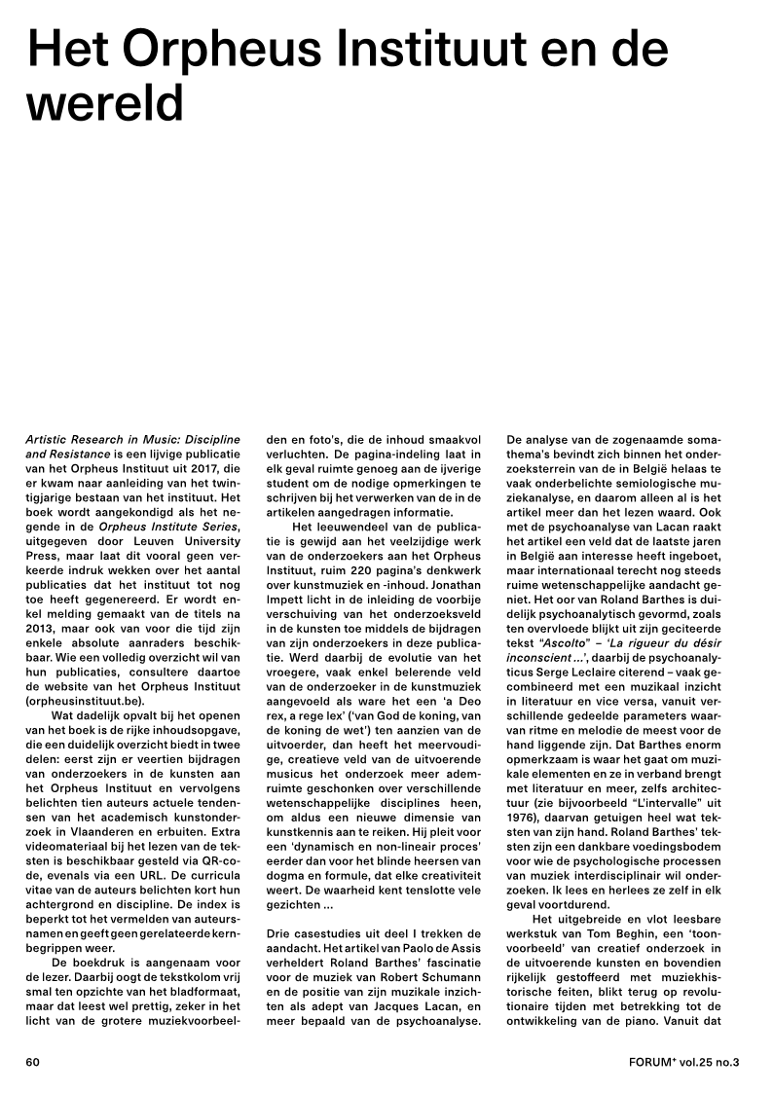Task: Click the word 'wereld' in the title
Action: pos(104,101)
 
